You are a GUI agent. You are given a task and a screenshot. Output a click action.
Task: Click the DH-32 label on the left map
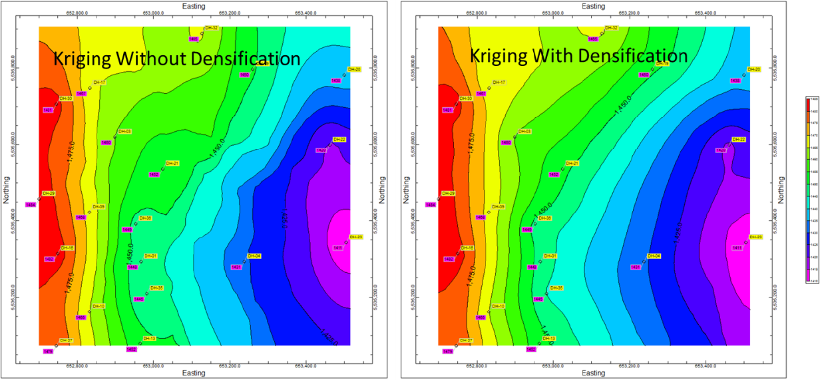pyautogui.click(x=212, y=28)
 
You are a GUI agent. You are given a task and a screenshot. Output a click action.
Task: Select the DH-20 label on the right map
pyautogui.click(x=753, y=69)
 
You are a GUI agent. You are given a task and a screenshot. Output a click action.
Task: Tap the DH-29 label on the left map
pyautogui.click(x=48, y=193)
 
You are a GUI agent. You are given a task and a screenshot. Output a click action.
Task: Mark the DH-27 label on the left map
pyautogui.click(x=65, y=340)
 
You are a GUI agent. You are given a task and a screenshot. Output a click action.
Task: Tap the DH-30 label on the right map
pyautogui.click(x=465, y=98)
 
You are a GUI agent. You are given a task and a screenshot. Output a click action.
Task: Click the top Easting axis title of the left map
pyautogui.click(x=193, y=6)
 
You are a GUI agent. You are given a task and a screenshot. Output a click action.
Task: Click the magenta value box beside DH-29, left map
pyautogui.click(x=31, y=204)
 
